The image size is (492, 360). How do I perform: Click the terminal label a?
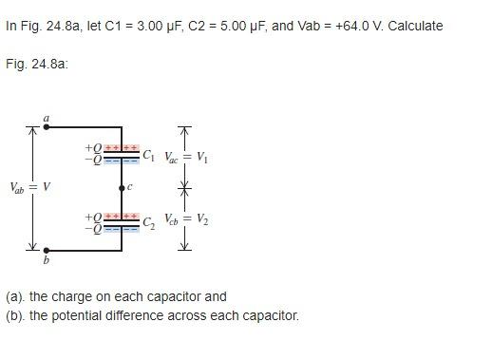[x=45, y=119]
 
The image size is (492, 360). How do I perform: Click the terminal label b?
[x=45, y=259]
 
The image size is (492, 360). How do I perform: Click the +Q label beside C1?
[x=92, y=148]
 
